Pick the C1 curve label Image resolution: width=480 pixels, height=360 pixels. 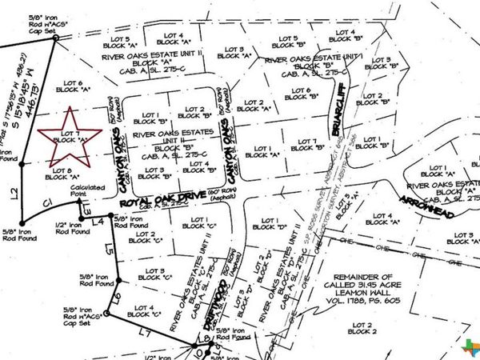(x=48, y=202)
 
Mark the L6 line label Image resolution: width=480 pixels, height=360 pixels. (x=117, y=299)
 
